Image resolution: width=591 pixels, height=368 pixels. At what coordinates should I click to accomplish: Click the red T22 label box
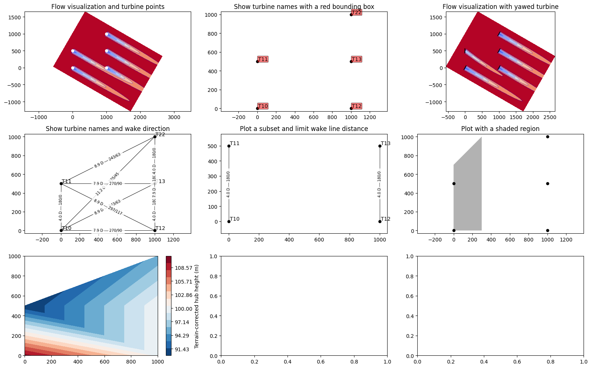356,13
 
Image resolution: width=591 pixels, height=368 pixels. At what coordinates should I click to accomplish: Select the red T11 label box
263,59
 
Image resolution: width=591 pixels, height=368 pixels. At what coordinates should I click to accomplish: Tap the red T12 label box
356,106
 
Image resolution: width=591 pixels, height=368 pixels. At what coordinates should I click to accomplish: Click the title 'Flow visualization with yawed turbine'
500,7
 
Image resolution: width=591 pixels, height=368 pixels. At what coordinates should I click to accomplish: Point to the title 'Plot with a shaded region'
500,129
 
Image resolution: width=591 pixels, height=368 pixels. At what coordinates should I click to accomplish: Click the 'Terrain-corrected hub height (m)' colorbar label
197,306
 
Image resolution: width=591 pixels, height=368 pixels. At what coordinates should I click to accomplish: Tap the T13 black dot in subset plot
380,146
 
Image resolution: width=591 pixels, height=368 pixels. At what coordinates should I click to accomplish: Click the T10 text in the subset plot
235,219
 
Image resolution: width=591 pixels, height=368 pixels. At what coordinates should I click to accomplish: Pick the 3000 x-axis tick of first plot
174,117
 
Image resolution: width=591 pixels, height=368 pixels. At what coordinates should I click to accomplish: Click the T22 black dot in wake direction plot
155,137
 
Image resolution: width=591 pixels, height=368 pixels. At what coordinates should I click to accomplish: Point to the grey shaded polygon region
468,193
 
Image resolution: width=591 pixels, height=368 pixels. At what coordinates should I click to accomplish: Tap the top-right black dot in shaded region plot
547,137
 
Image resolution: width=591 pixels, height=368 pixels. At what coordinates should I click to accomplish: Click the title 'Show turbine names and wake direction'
107,129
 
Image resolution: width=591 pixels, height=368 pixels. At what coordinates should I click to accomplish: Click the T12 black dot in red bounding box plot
351,109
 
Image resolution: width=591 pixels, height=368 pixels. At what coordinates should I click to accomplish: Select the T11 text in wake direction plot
67,181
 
